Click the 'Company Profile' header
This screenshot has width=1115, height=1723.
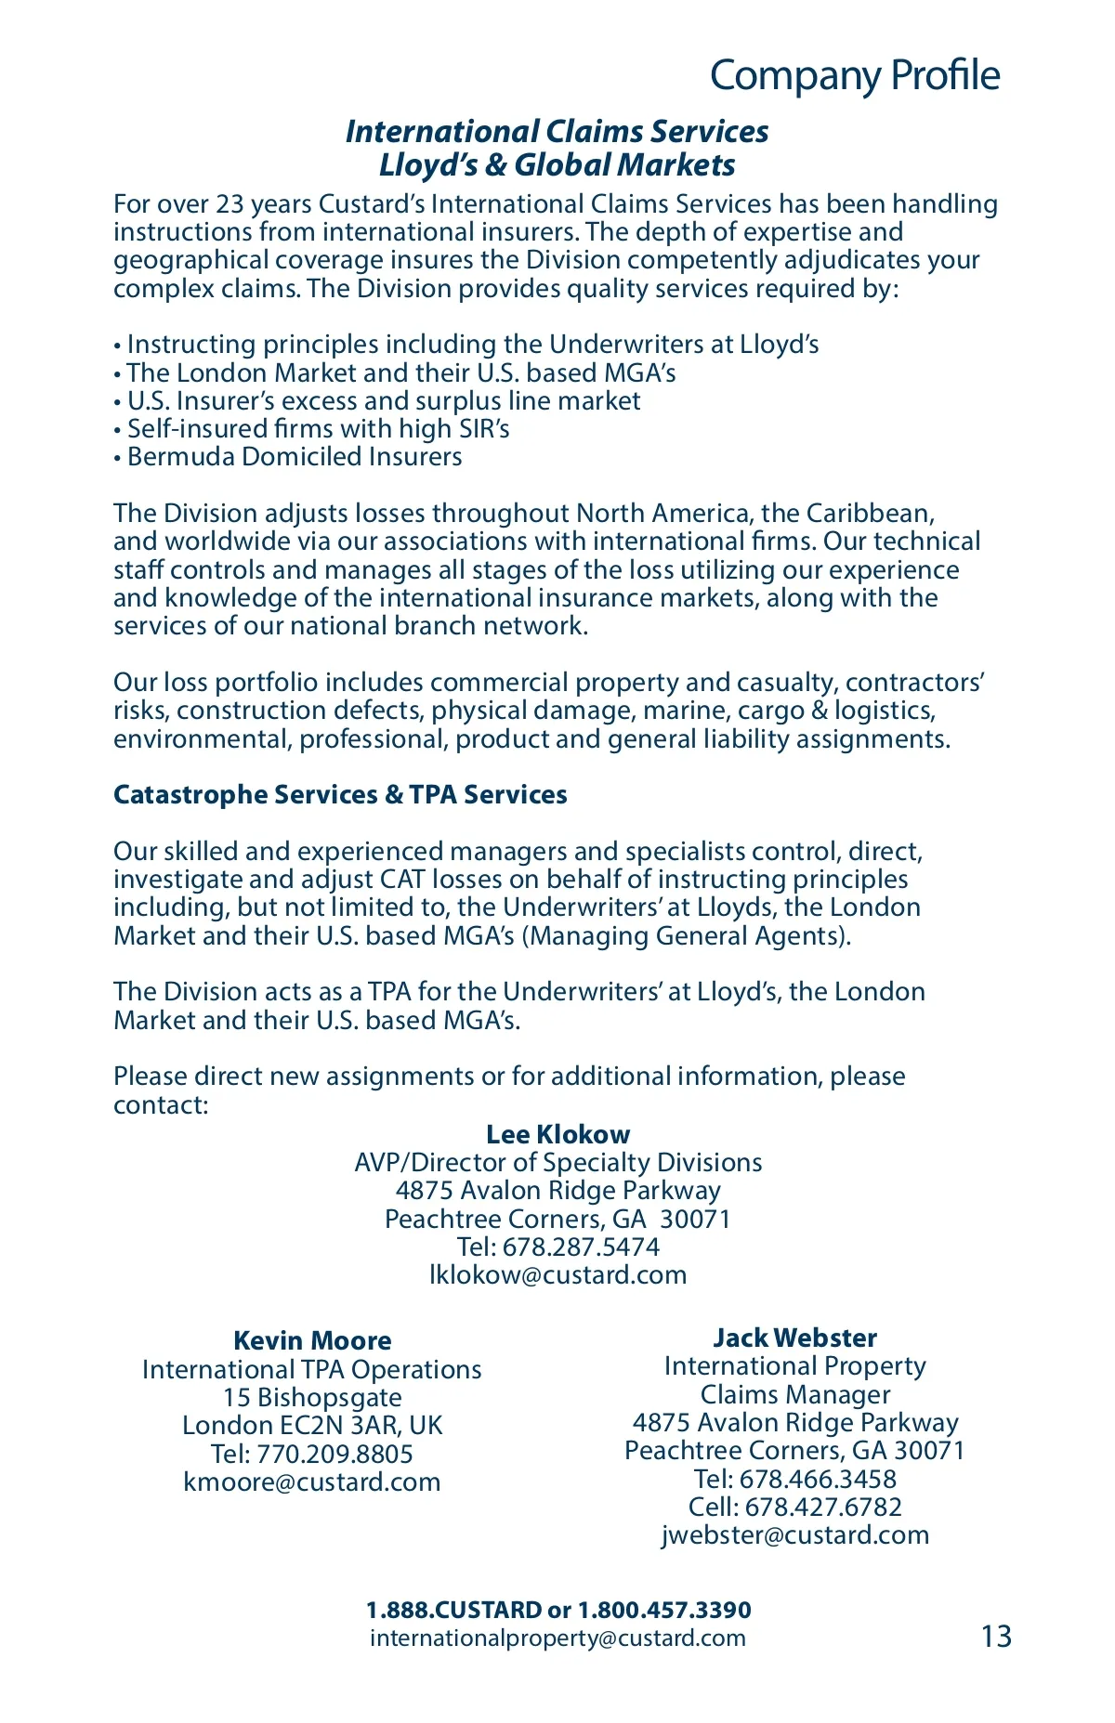pos(855,75)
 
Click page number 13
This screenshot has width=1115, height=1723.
pos(996,1636)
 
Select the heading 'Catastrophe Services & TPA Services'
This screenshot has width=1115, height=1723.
pos(340,795)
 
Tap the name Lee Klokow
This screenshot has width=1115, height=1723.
pos(557,1134)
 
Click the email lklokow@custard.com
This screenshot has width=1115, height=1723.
pos(557,1274)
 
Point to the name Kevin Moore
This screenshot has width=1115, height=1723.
pos(312,1340)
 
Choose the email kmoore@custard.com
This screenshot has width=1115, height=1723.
pos(312,1482)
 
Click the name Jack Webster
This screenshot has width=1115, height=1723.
pos(795,1338)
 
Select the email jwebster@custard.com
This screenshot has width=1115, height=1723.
pos(795,1534)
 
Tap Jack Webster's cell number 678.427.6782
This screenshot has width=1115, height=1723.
pos(823,1507)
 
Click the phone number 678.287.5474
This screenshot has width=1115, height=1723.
pos(581,1247)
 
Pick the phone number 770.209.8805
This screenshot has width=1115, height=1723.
pos(334,1454)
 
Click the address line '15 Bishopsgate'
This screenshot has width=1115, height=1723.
pos(312,1397)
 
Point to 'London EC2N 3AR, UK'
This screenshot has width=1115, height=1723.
pos(312,1425)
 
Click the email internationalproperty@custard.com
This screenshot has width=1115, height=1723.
pos(557,1638)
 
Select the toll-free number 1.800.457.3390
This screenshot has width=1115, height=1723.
pos(664,1610)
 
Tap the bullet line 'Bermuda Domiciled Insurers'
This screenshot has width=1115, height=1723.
pos(294,457)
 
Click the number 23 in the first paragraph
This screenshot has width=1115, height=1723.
pos(230,203)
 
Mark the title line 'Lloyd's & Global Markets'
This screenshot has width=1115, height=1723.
pos(557,165)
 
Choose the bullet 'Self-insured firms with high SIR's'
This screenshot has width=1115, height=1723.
pos(318,428)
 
